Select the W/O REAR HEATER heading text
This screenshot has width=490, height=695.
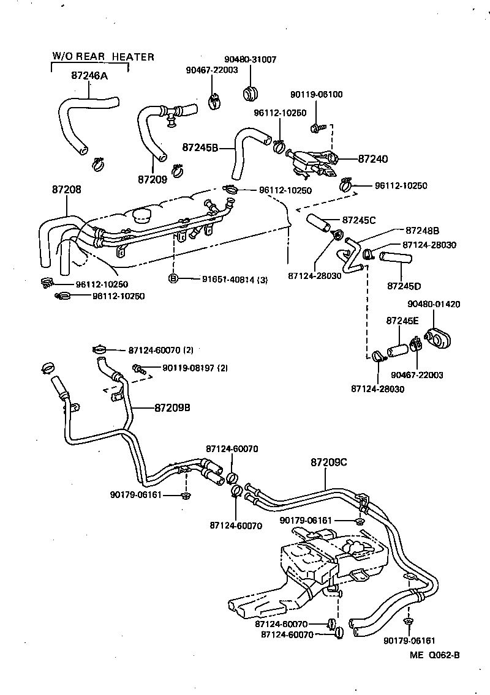tap(103, 57)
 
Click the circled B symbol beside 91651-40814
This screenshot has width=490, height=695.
tap(173, 279)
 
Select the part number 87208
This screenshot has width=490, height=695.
tap(66, 190)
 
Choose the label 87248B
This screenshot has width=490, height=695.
tap(422, 231)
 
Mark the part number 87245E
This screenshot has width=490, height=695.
tap(402, 321)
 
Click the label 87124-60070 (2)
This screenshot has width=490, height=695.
tap(160, 351)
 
